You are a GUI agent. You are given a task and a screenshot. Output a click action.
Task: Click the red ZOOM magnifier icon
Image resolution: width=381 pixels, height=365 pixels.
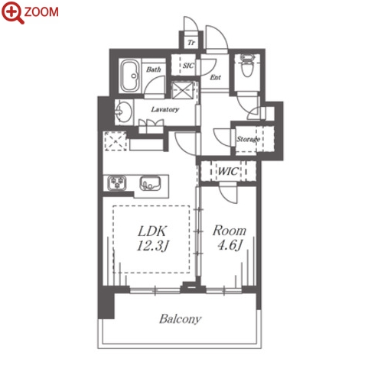[x=12, y=12]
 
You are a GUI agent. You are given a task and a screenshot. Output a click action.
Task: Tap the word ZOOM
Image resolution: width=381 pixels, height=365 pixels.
[x=41, y=12]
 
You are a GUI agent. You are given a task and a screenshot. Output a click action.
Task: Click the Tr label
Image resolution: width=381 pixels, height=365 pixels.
[x=191, y=43]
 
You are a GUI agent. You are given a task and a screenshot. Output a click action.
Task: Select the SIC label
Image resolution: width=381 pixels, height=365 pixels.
[x=188, y=66]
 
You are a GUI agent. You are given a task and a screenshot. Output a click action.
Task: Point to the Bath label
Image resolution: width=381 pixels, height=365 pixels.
[x=153, y=69]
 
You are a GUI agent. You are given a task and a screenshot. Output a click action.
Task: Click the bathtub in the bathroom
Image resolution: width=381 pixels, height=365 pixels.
[x=130, y=76]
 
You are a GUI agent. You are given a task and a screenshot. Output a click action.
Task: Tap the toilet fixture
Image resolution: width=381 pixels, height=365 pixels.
[x=247, y=65]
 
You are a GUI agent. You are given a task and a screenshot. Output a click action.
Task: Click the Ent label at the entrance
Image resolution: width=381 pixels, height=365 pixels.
[x=215, y=77]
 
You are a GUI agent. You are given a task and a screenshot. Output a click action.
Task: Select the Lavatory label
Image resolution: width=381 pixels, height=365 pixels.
[x=165, y=109]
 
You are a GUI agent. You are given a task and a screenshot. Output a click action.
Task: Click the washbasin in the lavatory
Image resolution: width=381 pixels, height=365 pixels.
[x=123, y=112]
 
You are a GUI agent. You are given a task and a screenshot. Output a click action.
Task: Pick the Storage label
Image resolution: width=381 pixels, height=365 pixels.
[x=248, y=139]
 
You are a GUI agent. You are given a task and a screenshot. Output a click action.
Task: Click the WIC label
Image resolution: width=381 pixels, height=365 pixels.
[x=228, y=171]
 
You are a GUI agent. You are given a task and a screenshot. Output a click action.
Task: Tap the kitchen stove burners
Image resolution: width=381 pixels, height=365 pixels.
[x=117, y=182]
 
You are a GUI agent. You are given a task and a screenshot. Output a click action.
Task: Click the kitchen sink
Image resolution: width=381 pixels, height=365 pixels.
[x=150, y=183]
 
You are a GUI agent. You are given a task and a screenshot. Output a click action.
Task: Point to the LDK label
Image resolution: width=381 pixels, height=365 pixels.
[x=152, y=231]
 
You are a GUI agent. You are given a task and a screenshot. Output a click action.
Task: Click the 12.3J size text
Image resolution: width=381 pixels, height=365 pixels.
[x=153, y=246]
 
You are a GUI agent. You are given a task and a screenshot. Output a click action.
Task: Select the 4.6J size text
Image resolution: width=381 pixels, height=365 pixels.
[x=230, y=246]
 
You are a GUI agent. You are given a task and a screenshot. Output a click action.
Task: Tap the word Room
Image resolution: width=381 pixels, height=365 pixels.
[x=230, y=231]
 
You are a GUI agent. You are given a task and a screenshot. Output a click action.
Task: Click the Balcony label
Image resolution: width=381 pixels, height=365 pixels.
[x=181, y=319]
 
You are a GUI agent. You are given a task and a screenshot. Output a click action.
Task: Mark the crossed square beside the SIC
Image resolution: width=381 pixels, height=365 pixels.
[x=182, y=90]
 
